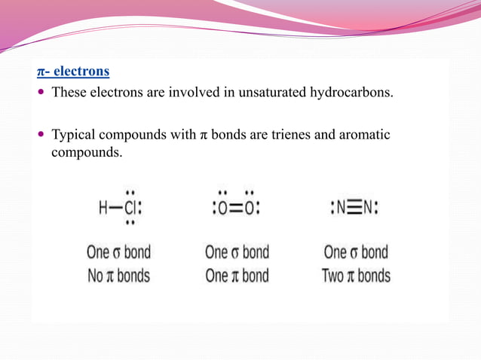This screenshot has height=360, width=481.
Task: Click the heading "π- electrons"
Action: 73,72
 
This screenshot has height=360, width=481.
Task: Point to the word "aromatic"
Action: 366,136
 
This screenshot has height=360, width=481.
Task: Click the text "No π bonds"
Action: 118,276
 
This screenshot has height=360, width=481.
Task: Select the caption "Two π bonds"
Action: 356,276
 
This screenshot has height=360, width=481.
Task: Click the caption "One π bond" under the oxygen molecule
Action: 237,276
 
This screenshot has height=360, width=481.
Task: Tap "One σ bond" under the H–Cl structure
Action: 118,252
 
